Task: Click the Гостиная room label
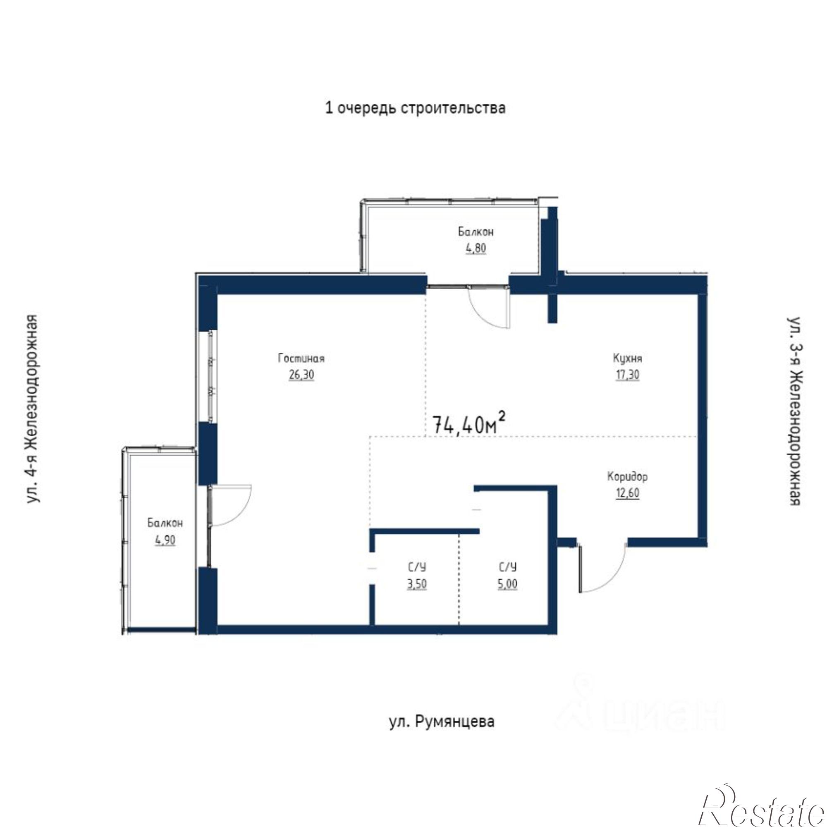(301, 358)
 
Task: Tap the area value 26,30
(301, 375)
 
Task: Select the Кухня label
(628, 358)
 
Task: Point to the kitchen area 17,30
(628, 375)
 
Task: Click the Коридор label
(627, 476)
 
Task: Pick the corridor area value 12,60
(627, 493)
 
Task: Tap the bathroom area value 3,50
(417, 584)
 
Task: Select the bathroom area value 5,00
(508, 584)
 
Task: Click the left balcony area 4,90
(165, 540)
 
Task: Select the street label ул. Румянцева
(442, 722)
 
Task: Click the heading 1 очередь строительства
(416, 108)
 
